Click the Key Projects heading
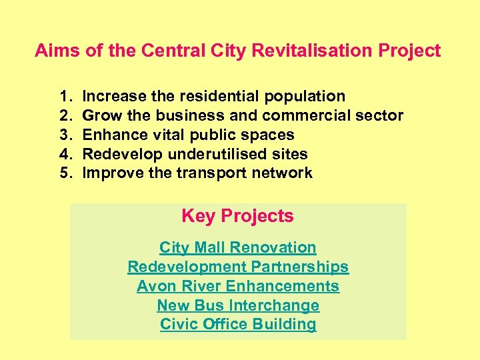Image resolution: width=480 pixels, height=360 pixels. [x=237, y=216]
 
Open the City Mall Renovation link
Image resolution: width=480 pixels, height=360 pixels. [x=237, y=247]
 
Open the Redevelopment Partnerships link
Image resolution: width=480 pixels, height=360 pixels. [x=237, y=267]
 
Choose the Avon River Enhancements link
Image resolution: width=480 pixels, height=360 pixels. [x=237, y=286]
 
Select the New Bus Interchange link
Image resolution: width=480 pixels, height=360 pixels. [x=237, y=305]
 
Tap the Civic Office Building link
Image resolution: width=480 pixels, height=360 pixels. [x=237, y=325]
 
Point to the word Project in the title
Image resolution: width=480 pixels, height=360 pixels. [x=412, y=51]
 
